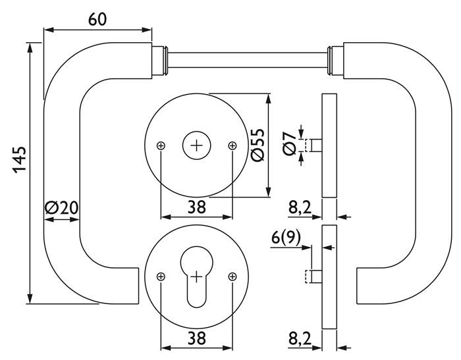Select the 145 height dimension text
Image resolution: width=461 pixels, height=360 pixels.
[x=19, y=159]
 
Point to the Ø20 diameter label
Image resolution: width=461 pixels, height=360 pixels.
[x=61, y=208]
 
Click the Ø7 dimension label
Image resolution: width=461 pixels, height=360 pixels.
[x=288, y=143]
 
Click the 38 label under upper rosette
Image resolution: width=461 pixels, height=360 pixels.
[x=196, y=207]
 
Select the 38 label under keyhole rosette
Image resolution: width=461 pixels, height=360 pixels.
[x=196, y=338]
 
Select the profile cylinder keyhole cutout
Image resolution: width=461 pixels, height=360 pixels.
[x=196, y=276]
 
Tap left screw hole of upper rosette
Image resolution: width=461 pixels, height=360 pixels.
[x=161, y=145]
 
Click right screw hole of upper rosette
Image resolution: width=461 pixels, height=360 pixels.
[x=231, y=145]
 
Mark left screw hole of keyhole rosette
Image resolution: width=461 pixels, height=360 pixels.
[x=161, y=277]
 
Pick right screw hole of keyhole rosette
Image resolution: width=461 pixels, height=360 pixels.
[x=231, y=277]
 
